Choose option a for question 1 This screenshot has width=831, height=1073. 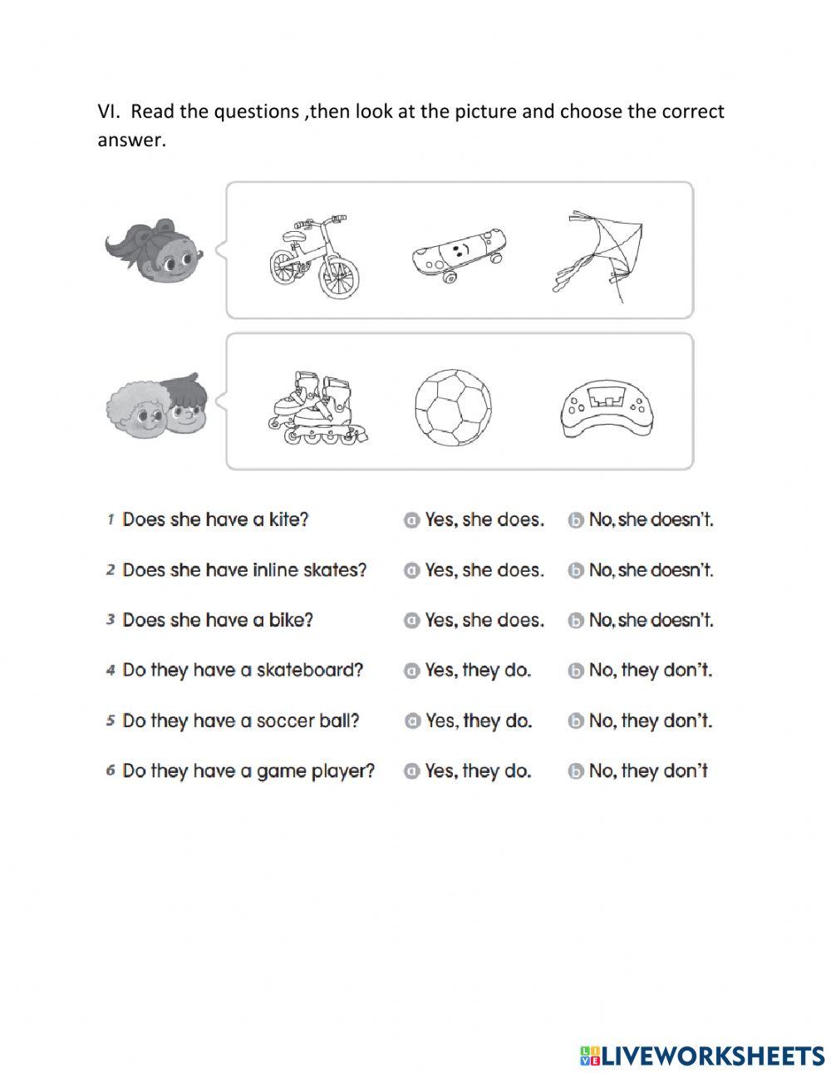click(411, 520)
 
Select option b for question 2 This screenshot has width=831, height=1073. click(575, 571)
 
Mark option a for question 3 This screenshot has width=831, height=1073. click(411, 621)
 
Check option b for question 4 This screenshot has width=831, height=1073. click(575, 671)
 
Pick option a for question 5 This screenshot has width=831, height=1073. click(411, 721)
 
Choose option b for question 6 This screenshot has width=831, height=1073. click(575, 771)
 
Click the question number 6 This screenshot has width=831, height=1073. click(110, 770)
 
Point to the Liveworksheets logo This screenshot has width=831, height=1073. click(702, 1055)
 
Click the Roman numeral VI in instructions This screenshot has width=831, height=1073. click(108, 111)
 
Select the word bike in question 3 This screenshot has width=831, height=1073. click(290, 620)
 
